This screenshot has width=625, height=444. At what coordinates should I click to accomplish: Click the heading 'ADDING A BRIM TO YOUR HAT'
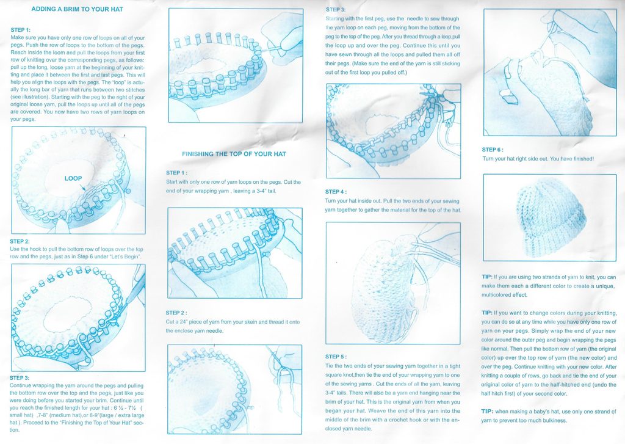(78, 9)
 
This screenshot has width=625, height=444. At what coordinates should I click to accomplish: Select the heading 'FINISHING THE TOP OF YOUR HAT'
(234, 154)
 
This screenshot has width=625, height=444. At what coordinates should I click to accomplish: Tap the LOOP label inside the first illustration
(73, 178)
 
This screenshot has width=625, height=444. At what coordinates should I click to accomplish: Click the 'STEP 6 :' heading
(493, 150)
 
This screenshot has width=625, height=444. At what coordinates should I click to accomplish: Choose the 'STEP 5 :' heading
(336, 357)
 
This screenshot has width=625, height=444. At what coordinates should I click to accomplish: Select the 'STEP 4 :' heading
(336, 192)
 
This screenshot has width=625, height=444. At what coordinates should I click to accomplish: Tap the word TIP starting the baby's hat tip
(486, 411)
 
